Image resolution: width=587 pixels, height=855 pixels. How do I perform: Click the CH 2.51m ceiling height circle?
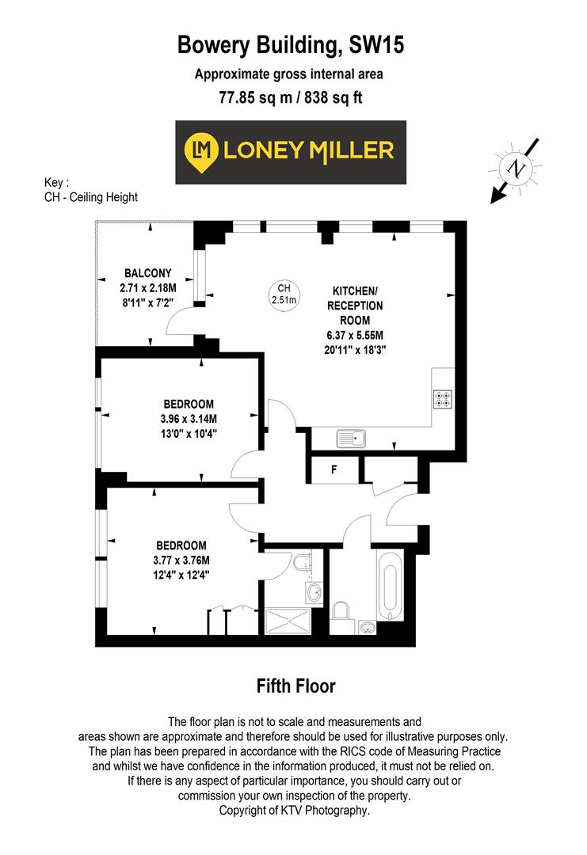[x=283, y=294]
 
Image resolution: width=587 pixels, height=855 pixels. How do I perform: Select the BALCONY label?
[x=147, y=273]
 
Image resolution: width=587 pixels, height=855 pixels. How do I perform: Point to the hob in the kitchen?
[x=442, y=399]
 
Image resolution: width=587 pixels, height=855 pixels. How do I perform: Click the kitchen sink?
[x=350, y=437]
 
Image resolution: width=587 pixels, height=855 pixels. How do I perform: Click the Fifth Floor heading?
[x=295, y=686]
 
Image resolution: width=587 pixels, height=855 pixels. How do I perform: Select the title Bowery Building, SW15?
[x=291, y=46]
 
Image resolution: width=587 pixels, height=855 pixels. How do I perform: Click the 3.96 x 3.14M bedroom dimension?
[x=184, y=419]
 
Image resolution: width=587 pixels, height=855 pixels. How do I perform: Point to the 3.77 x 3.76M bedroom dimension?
[x=181, y=560]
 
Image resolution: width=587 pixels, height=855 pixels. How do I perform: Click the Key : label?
[x=57, y=182]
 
